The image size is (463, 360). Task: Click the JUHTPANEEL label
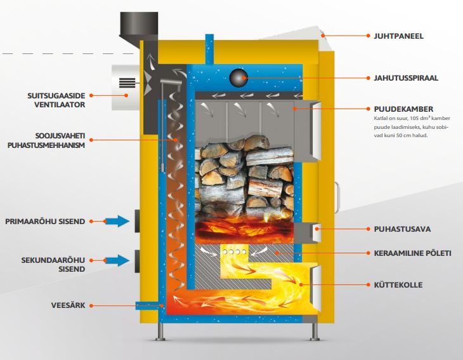coord(398,37)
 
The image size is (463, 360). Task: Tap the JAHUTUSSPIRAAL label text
coord(405,78)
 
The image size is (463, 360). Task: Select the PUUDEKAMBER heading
coord(398,109)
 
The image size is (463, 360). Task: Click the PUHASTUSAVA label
coord(397,229)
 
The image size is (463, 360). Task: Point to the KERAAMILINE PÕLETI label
coord(412,253)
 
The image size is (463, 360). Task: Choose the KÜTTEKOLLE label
coord(398,285)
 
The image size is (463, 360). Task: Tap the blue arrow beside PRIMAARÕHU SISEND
coord(116,221)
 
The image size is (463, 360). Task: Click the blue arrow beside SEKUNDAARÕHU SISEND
coord(116,260)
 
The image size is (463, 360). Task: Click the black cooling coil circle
coord(238,77)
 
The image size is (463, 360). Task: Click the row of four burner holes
coord(233,253)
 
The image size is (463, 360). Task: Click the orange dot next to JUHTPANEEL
coord(367,37)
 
